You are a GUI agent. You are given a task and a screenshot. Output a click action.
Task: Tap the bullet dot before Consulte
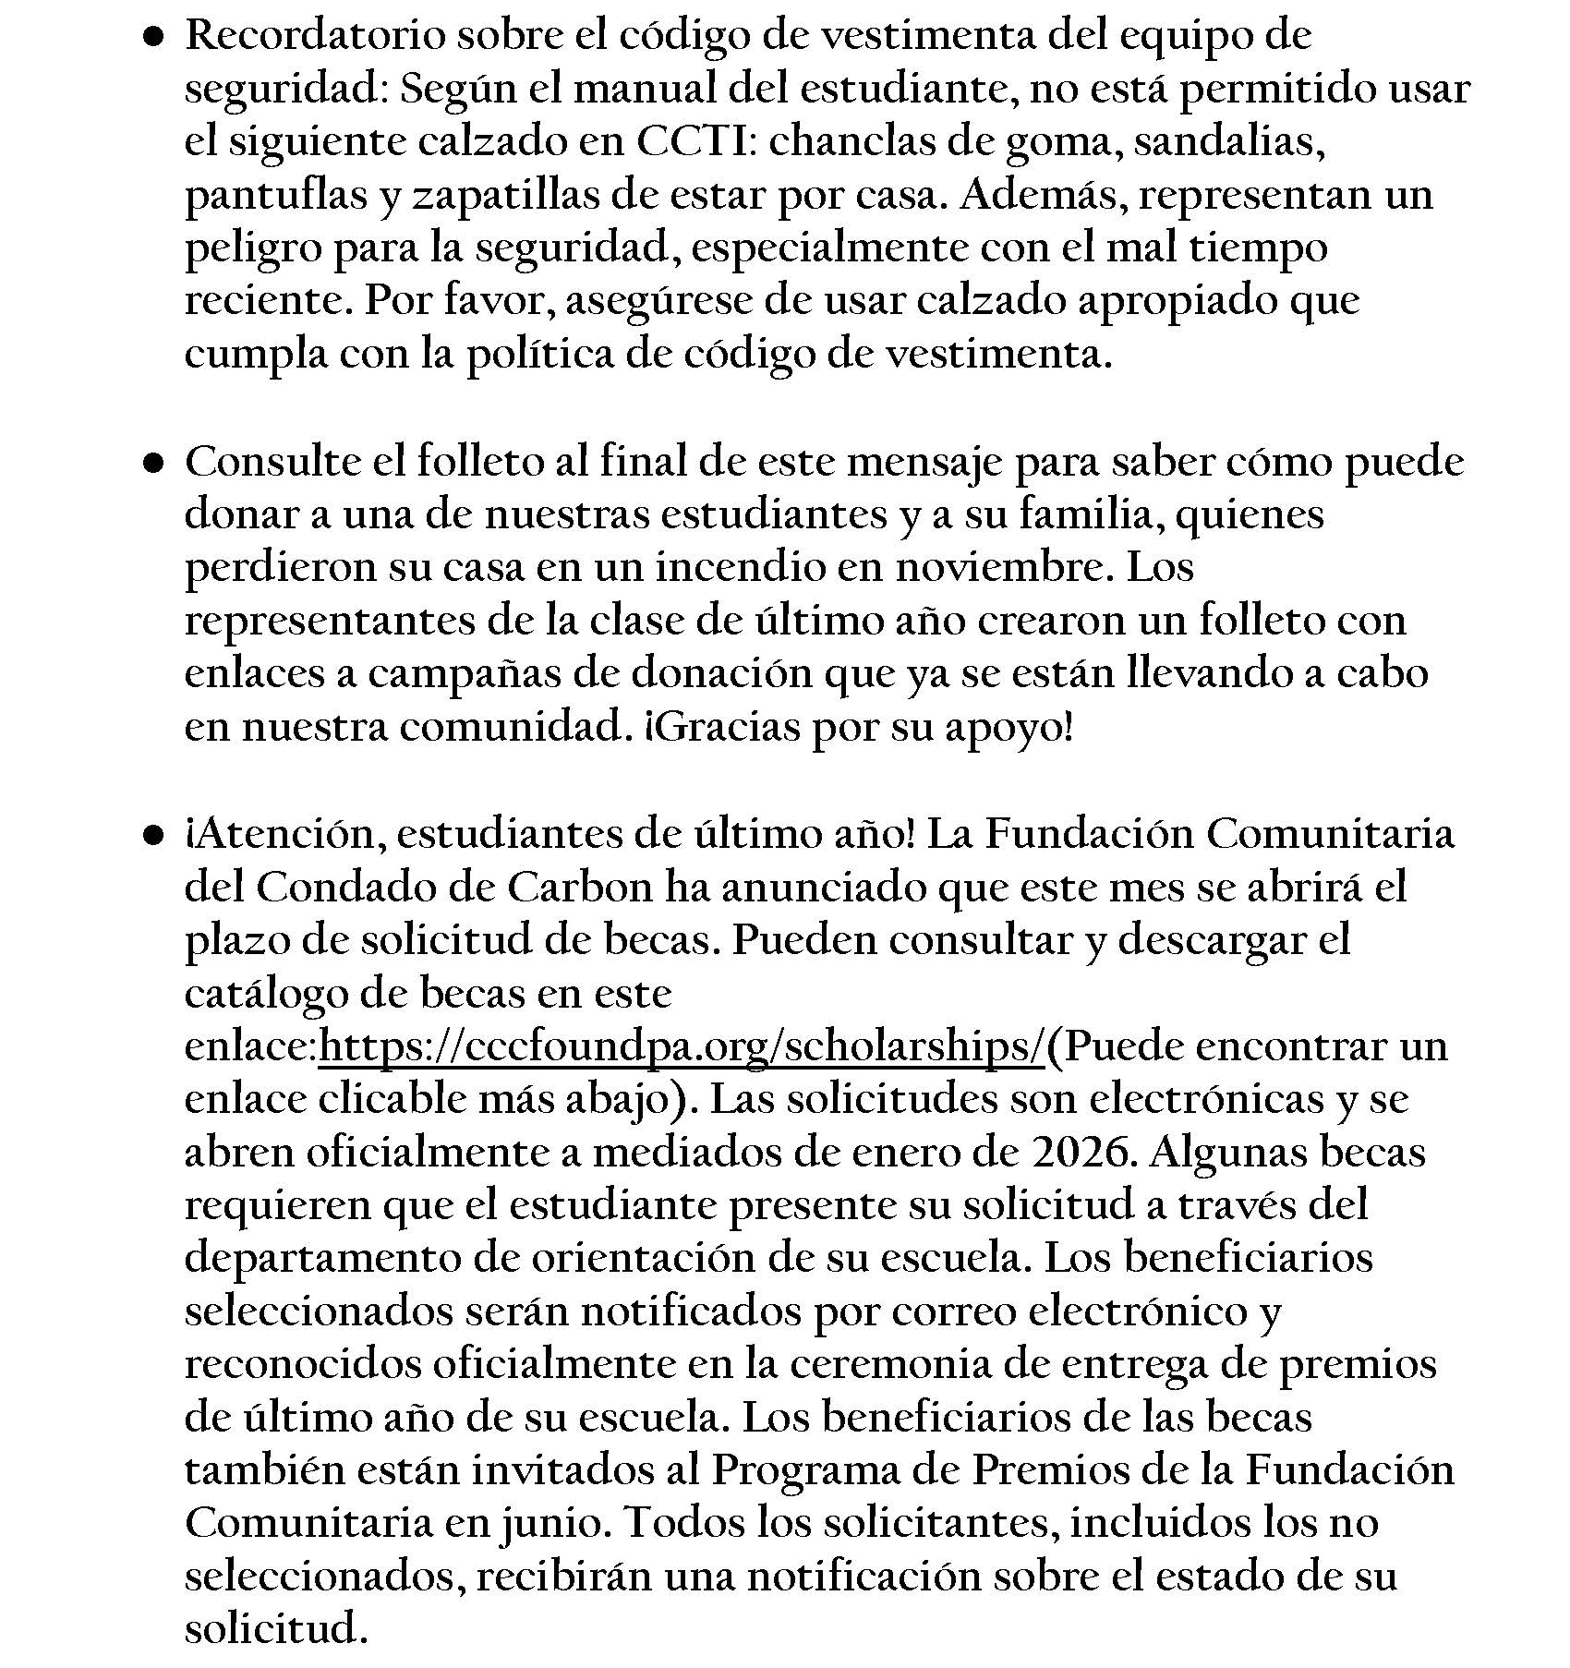152,463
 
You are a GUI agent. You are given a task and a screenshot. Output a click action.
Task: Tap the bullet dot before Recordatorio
152,37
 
